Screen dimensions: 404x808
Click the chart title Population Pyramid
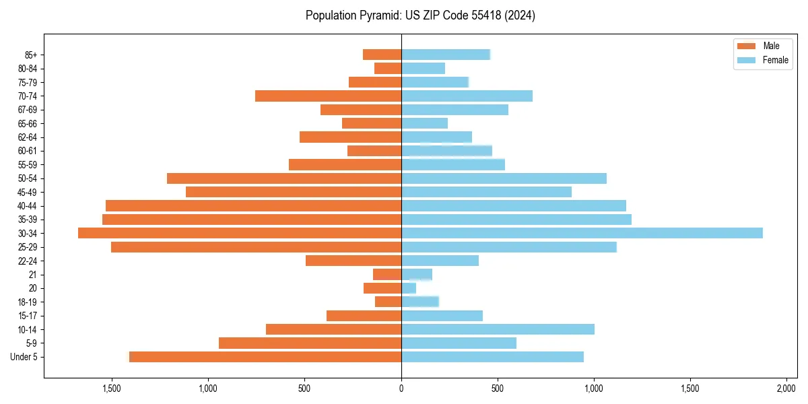420,15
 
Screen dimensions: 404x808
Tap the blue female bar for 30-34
582,233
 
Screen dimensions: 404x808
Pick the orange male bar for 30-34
240,233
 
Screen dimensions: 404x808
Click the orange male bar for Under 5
265,357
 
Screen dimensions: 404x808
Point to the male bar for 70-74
328,96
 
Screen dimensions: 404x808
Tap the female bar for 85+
445,55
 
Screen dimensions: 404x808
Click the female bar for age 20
409,288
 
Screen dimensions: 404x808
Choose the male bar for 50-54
284,178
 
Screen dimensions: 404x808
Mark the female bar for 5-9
459,343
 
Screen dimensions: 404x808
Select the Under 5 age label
24,357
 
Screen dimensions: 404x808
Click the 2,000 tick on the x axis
786,389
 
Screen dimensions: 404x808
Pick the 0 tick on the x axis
401,389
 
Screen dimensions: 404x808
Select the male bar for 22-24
353,261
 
